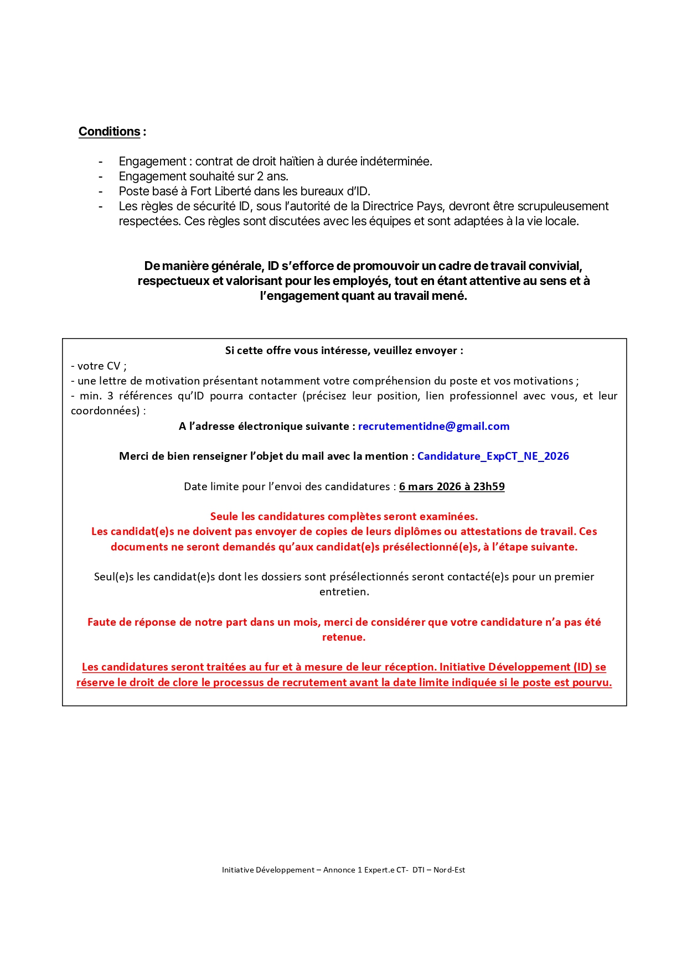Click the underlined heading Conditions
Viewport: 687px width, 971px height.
(x=110, y=132)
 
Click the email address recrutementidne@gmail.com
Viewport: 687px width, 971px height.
(x=433, y=427)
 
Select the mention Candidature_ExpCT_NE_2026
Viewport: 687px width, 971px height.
(x=493, y=456)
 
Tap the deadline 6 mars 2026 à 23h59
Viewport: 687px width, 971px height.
(x=452, y=487)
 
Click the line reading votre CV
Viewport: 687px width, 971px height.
(x=99, y=366)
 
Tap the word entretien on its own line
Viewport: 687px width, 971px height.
(x=344, y=592)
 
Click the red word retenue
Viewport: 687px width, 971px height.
(x=344, y=637)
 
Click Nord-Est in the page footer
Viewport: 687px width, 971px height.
(x=449, y=870)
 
